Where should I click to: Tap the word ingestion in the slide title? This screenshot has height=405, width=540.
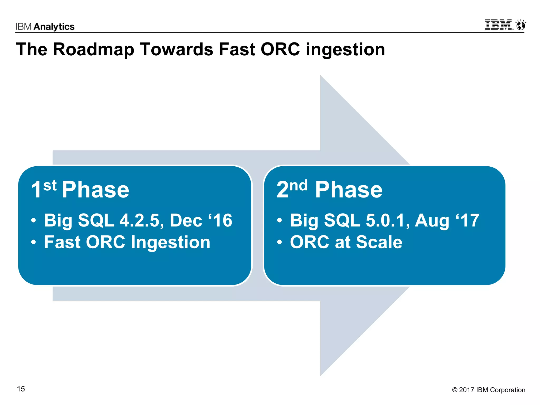(345, 50)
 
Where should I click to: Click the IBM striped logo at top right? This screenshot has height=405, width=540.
(498, 25)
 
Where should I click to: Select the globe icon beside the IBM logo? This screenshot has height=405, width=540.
(521, 26)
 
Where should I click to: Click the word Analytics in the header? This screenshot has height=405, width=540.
(54, 27)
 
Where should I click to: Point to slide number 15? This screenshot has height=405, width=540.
(21, 389)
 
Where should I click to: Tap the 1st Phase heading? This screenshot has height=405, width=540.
(80, 189)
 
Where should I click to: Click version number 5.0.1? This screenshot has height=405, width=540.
(385, 220)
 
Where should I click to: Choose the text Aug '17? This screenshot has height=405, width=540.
(447, 220)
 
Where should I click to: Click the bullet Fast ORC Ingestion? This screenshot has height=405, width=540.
(127, 242)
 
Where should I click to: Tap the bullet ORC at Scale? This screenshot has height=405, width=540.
(346, 242)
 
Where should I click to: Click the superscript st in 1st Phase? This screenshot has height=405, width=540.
(50, 185)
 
